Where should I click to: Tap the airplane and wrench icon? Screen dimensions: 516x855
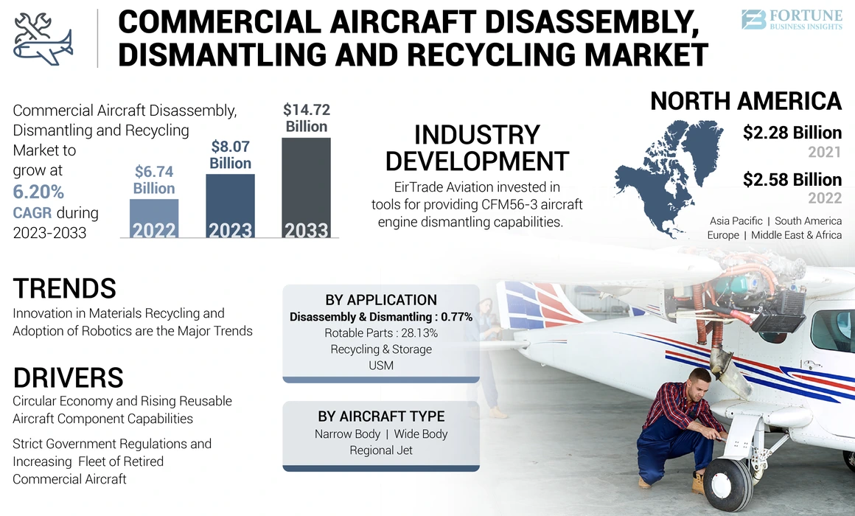click(43, 37)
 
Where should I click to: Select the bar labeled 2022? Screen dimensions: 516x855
click(154, 219)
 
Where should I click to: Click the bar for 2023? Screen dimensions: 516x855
click(230, 206)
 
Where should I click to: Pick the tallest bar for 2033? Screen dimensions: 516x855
click(306, 189)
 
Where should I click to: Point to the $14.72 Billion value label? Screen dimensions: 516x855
click(306, 119)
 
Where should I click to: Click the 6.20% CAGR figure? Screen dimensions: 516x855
click(38, 192)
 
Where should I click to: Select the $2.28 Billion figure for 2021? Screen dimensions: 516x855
click(792, 133)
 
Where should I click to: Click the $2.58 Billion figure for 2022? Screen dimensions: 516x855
click(792, 180)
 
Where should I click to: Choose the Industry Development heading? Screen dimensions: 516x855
click(477, 147)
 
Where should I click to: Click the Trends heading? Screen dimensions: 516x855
click(64, 288)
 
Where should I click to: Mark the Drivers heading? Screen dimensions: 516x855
click(68, 377)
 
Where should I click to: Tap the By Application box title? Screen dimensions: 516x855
click(381, 300)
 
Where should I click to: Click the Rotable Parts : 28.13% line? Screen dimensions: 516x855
click(381, 333)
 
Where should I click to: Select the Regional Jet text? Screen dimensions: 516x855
click(381, 450)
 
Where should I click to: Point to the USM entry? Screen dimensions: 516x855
click(381, 365)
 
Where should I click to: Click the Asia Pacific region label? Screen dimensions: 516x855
click(736, 221)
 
